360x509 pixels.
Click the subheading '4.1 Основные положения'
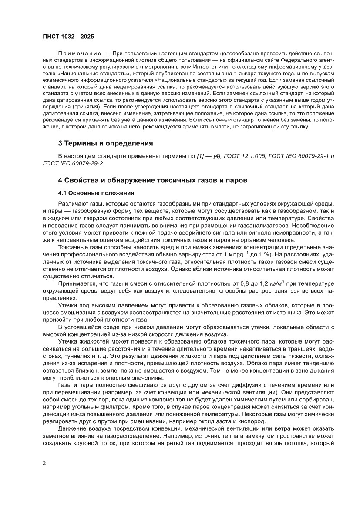(96, 192)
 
